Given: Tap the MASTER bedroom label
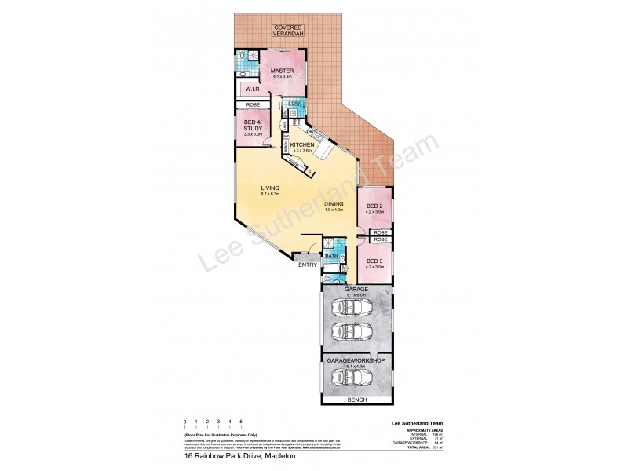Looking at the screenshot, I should [283, 71].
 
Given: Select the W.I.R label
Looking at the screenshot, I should [251, 89].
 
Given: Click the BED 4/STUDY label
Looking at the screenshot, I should [252, 126].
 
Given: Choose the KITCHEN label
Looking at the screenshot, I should [302, 145].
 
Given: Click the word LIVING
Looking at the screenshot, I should [270, 188].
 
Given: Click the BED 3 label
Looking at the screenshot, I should [374, 262].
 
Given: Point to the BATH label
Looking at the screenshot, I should [331, 256].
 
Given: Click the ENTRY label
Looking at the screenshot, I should [307, 264].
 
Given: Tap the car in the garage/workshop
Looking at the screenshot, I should [353, 378].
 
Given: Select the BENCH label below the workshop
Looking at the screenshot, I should [357, 400].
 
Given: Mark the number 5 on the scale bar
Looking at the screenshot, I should [241, 422].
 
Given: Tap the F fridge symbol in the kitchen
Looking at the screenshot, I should [309, 173].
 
